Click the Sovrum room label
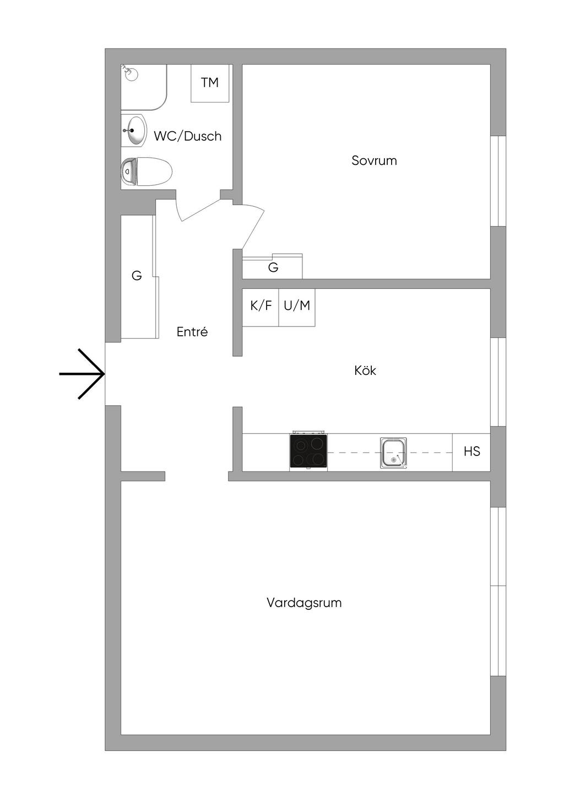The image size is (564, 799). click(x=374, y=160)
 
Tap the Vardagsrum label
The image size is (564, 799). click(x=304, y=603)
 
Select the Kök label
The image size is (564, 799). click(x=365, y=371)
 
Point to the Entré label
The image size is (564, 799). click(x=192, y=332)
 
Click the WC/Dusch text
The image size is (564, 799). click(x=188, y=136)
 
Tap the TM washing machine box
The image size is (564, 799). click(x=210, y=83)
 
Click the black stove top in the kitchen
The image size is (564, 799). click(x=308, y=452)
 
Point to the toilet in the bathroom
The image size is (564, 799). click(x=147, y=171)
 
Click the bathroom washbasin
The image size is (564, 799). click(x=134, y=131)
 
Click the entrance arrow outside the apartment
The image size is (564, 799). click(x=83, y=374)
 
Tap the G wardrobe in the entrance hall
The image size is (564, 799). click(x=138, y=276)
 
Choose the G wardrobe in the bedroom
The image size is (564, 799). click(x=273, y=267)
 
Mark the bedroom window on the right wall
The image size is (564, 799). click(x=498, y=181)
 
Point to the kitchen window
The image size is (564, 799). click(x=498, y=382)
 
